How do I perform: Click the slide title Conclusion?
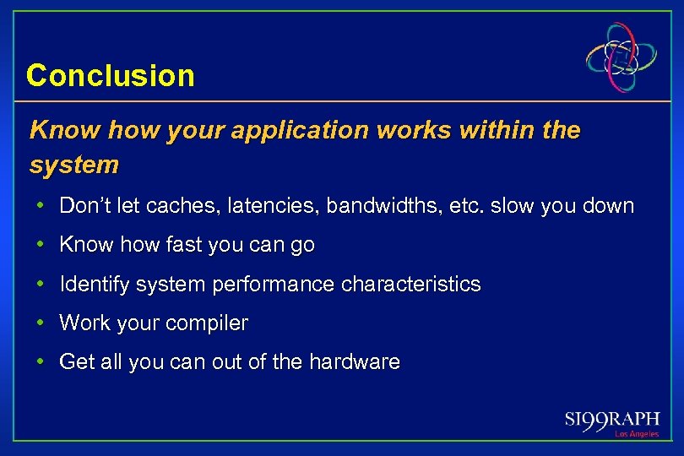tap(110, 76)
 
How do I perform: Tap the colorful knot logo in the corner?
tap(622, 57)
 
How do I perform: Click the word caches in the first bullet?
tap(182, 206)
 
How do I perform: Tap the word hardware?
tap(354, 362)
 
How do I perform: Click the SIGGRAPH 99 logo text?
tap(612, 420)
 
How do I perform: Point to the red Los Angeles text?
tap(636, 434)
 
